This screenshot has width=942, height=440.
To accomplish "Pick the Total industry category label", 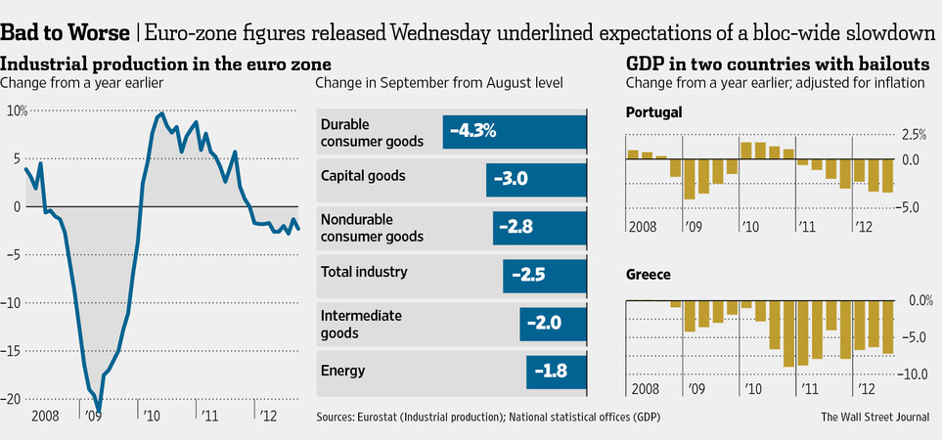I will pyautogui.click(x=364, y=272).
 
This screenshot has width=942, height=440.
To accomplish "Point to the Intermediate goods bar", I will pyautogui.click(x=553, y=323).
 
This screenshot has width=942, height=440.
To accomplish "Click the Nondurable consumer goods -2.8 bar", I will pyautogui.click(x=540, y=227).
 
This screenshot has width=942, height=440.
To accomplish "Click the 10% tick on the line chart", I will pyautogui.click(x=16, y=110).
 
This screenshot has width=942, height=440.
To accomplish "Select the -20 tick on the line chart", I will pyautogui.click(x=13, y=399).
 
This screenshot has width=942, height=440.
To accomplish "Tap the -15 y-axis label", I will pyautogui.click(x=13, y=351).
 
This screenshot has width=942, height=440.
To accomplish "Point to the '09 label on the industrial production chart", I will pyautogui.click(x=94, y=416).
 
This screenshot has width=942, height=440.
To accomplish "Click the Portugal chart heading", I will pyautogui.click(x=654, y=112).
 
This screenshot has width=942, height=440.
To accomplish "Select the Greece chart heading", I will pyautogui.click(x=648, y=275).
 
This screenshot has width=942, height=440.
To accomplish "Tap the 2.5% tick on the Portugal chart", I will pyautogui.click(x=912, y=134).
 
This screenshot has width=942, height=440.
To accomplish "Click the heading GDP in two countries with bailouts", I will pyautogui.click(x=770, y=64).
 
